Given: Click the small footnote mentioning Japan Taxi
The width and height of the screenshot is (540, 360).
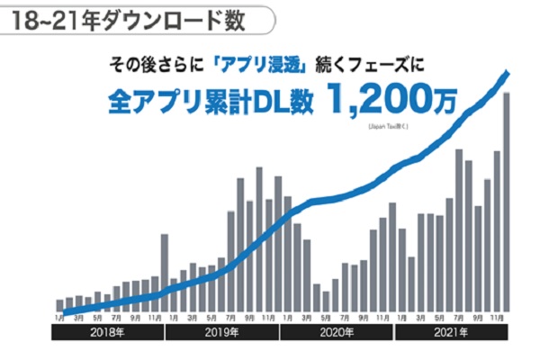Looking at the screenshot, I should (x=388, y=127).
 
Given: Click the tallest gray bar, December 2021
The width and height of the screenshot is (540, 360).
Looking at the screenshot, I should (x=507, y=202).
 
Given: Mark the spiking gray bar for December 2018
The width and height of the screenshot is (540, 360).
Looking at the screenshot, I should (x=165, y=261).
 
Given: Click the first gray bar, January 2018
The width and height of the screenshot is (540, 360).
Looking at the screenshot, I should (x=60, y=305).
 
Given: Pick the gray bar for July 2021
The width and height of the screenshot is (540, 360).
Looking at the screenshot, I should (x=459, y=229).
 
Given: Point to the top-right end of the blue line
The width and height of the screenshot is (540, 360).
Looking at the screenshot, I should (x=509, y=72).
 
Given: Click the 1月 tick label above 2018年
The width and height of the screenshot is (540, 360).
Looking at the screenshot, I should (x=59, y=317).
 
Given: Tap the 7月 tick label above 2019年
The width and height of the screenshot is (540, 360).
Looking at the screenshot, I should (x=230, y=317).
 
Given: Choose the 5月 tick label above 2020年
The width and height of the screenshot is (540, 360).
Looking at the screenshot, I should (x=326, y=317).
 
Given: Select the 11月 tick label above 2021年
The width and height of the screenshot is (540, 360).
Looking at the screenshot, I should (x=497, y=317).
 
